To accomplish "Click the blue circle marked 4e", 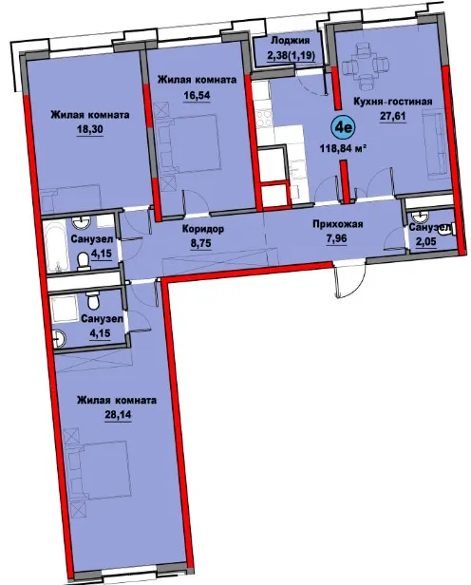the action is pos(343,128).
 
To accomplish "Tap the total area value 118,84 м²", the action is pos(342,148).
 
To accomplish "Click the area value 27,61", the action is pos(392,117).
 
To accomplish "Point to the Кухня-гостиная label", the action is pos(393,102).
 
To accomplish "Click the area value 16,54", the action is pos(197,95).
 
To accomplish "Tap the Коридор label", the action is pos(203,229).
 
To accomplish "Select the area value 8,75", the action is pos(201,244).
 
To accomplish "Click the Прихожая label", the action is pos(337,224).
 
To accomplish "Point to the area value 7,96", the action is pos(336,238).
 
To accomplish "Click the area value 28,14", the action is pos(118,414).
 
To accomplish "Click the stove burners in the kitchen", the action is pos(263,119).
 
